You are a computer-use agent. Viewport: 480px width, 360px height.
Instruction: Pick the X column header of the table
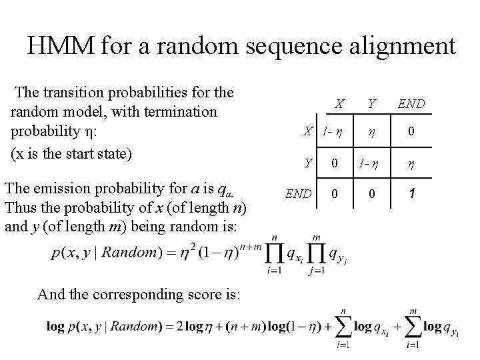tap(339, 104)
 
